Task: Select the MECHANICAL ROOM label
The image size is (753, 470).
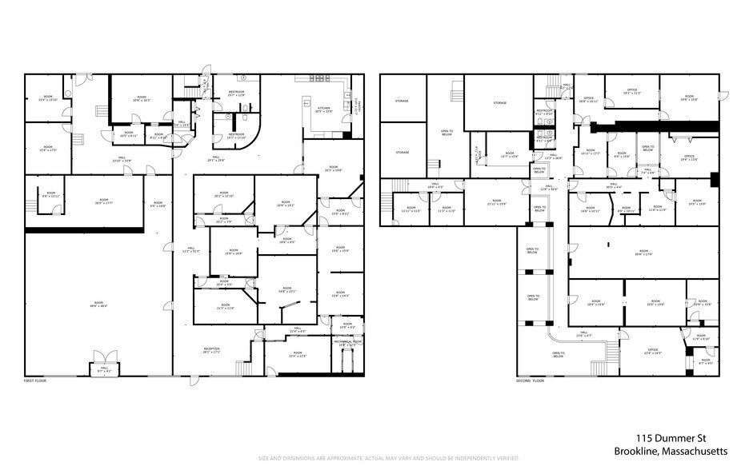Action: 346,343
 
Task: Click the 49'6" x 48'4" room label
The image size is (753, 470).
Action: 98,304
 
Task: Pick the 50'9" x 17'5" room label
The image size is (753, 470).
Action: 643,253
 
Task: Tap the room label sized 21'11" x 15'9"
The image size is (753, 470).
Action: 495,203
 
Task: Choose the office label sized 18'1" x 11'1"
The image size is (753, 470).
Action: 632,93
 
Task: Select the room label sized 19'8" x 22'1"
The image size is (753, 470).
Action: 287,290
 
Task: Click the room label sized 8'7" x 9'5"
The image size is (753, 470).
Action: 705,363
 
